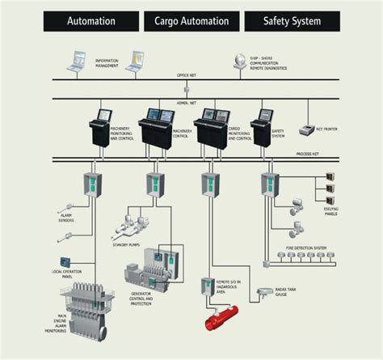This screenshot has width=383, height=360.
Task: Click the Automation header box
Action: click(90, 22)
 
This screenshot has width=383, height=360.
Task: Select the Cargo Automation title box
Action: click(191, 22)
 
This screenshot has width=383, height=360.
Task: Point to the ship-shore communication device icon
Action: click(241, 61)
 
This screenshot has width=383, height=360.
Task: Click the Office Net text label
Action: click(187, 75)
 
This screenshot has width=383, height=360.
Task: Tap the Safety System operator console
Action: click(262, 125)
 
